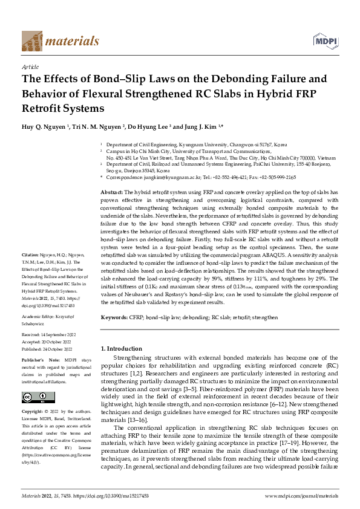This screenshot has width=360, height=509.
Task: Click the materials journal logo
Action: [x=60, y=41]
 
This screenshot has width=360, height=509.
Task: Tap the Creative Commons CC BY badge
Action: [x=34, y=397]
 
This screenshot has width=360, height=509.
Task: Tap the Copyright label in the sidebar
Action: [x=33, y=412]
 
